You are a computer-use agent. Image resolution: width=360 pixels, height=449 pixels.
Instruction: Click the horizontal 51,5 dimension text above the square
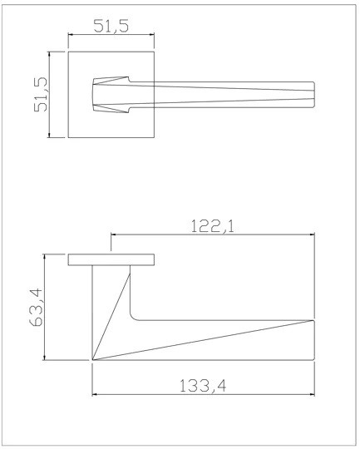click(x=111, y=26)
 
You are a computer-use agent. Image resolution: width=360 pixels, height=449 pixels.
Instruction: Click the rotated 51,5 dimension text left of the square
click(x=41, y=95)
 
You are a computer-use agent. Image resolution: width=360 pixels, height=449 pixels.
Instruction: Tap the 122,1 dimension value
click(x=212, y=226)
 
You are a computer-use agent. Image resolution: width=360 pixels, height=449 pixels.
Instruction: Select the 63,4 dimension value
click(x=36, y=308)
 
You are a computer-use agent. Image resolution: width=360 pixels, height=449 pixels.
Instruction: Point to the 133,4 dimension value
click(x=203, y=386)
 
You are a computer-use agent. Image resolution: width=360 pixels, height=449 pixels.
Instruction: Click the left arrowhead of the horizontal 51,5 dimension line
click(x=71, y=35)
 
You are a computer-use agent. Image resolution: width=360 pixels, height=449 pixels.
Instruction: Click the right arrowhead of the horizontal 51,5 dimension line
click(x=152, y=35)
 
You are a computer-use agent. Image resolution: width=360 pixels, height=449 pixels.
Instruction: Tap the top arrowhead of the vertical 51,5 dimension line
click(x=49, y=54)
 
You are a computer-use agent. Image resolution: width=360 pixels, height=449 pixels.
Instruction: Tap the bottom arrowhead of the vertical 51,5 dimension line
click(x=49, y=135)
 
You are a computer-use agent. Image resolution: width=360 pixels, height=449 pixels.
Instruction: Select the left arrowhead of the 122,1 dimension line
click(x=113, y=234)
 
